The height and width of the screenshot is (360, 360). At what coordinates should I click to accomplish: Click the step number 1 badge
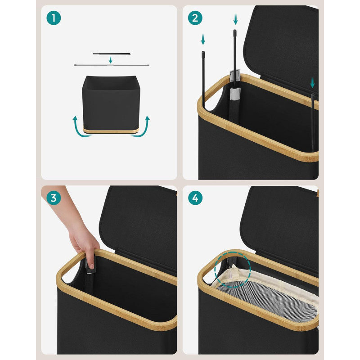point(54,18)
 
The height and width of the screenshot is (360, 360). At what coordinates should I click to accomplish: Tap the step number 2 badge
point(195,18)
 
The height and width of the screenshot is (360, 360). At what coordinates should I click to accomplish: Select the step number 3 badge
point(54,198)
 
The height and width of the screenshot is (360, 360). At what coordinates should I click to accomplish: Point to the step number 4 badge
point(195,198)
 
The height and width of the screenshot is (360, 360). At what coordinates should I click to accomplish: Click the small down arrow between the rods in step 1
point(110,60)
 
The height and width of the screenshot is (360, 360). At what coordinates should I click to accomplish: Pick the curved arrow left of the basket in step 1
point(77,129)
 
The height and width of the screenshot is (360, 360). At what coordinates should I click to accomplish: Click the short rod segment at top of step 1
point(112,54)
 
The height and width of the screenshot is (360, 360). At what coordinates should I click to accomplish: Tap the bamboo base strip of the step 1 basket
point(111,130)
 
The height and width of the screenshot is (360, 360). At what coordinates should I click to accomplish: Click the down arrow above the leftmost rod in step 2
point(203,39)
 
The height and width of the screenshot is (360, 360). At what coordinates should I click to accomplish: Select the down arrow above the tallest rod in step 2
point(235,19)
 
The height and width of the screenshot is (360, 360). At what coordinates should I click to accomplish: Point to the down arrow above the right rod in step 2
point(312,83)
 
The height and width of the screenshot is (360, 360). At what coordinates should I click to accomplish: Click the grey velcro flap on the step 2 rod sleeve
point(235,75)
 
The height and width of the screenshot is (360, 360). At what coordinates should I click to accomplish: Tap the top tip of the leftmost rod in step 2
point(203,52)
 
